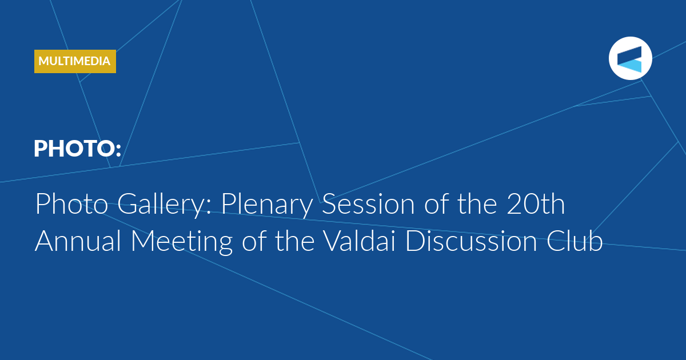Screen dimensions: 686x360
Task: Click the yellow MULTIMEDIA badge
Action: click(75, 61)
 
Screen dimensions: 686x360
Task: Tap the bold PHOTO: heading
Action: click(78, 149)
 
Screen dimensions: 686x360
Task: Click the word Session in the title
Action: click(368, 204)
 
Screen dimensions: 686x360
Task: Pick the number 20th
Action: click(536, 204)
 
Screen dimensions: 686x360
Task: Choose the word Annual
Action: click(78, 241)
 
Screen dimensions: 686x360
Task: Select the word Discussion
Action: click(471, 241)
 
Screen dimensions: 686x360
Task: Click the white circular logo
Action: click(630, 58)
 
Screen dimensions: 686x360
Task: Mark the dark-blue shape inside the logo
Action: click(629, 54)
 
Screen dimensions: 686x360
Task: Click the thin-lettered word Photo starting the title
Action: click(71, 204)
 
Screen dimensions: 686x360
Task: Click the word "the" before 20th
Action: click(477, 204)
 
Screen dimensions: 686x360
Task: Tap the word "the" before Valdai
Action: click(294, 241)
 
